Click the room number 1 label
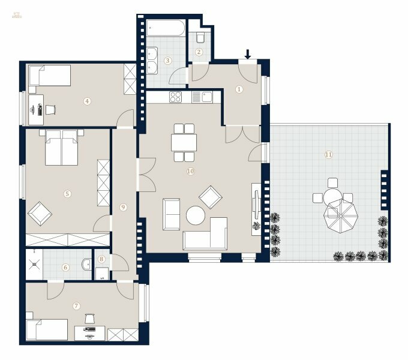point(239,89)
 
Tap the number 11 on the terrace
point(328,154)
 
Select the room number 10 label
point(191,171)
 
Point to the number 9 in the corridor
point(123,207)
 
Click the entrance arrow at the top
point(248,55)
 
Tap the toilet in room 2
point(200,37)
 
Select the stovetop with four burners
point(176,97)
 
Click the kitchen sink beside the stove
point(206,97)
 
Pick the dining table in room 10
point(184,143)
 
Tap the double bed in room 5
point(62,148)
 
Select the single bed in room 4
point(49,75)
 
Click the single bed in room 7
point(46,329)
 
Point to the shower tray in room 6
point(34,262)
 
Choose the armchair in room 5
point(40,212)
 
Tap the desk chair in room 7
point(90,320)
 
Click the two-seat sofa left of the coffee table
point(171,214)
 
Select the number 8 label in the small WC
point(101,259)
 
